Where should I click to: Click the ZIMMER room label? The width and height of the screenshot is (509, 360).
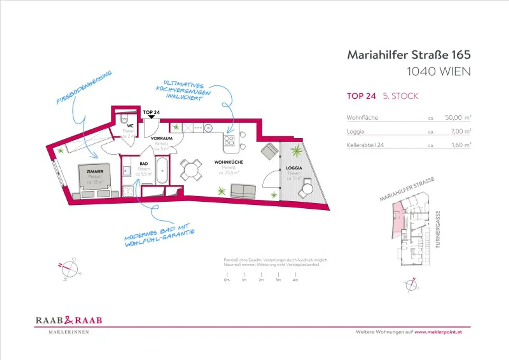coord(95,172)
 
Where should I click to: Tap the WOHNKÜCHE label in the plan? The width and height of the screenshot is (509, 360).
coord(229,162)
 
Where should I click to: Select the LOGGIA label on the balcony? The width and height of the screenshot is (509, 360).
coord(294,168)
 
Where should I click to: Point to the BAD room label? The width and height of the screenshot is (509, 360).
coord(144,164)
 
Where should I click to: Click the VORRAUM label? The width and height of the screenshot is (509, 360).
coord(162,138)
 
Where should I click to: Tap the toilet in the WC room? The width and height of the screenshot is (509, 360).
coord(125,119)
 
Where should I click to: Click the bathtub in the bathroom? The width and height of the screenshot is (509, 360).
coord(162,171)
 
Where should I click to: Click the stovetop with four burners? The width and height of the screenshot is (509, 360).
coord(229,140)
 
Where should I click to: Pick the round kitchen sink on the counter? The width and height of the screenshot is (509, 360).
coord(208,128)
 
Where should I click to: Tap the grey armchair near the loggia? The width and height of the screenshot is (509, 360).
coord(270,151)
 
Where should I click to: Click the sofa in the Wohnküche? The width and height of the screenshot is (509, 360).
coord(243,192)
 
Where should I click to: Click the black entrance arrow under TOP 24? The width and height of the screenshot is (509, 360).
coord(151,117)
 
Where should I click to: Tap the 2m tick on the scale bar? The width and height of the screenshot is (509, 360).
coord(261,275)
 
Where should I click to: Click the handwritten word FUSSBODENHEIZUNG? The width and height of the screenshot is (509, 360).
coord(84,87)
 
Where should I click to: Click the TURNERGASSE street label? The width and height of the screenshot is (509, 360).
coord(438,229)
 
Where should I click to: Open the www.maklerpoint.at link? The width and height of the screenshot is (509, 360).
coord(438,332)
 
